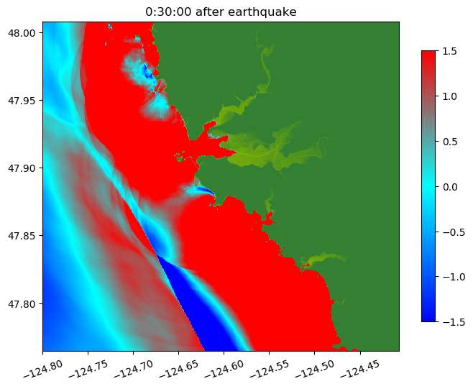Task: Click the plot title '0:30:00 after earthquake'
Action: (221, 12)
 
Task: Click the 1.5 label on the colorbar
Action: (451, 50)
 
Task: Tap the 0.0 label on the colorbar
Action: (451, 186)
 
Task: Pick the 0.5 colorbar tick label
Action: (451, 141)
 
